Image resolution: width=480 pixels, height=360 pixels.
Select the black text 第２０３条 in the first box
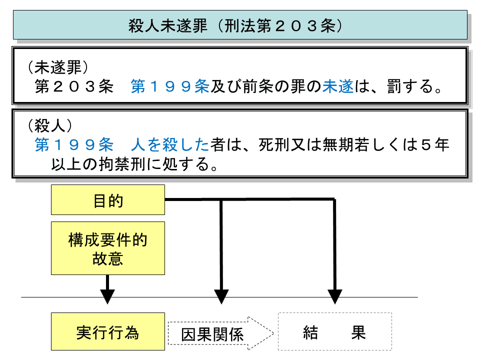(x=72, y=87)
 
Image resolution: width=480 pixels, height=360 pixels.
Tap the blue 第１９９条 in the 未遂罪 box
(x=169, y=87)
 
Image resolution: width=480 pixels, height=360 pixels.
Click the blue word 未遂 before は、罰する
(x=338, y=87)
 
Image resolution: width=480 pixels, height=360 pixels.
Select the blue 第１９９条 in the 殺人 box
(x=74, y=145)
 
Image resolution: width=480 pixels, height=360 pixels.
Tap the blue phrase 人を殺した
(x=169, y=145)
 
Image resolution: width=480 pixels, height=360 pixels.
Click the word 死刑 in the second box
(x=273, y=145)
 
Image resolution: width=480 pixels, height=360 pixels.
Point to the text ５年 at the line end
(x=435, y=145)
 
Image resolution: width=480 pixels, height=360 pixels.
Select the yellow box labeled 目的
(x=108, y=200)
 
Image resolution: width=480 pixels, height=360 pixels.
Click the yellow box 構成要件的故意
(x=108, y=248)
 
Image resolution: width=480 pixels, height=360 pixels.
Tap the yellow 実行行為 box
(x=108, y=331)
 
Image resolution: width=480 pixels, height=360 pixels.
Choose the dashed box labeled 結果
(x=334, y=332)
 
